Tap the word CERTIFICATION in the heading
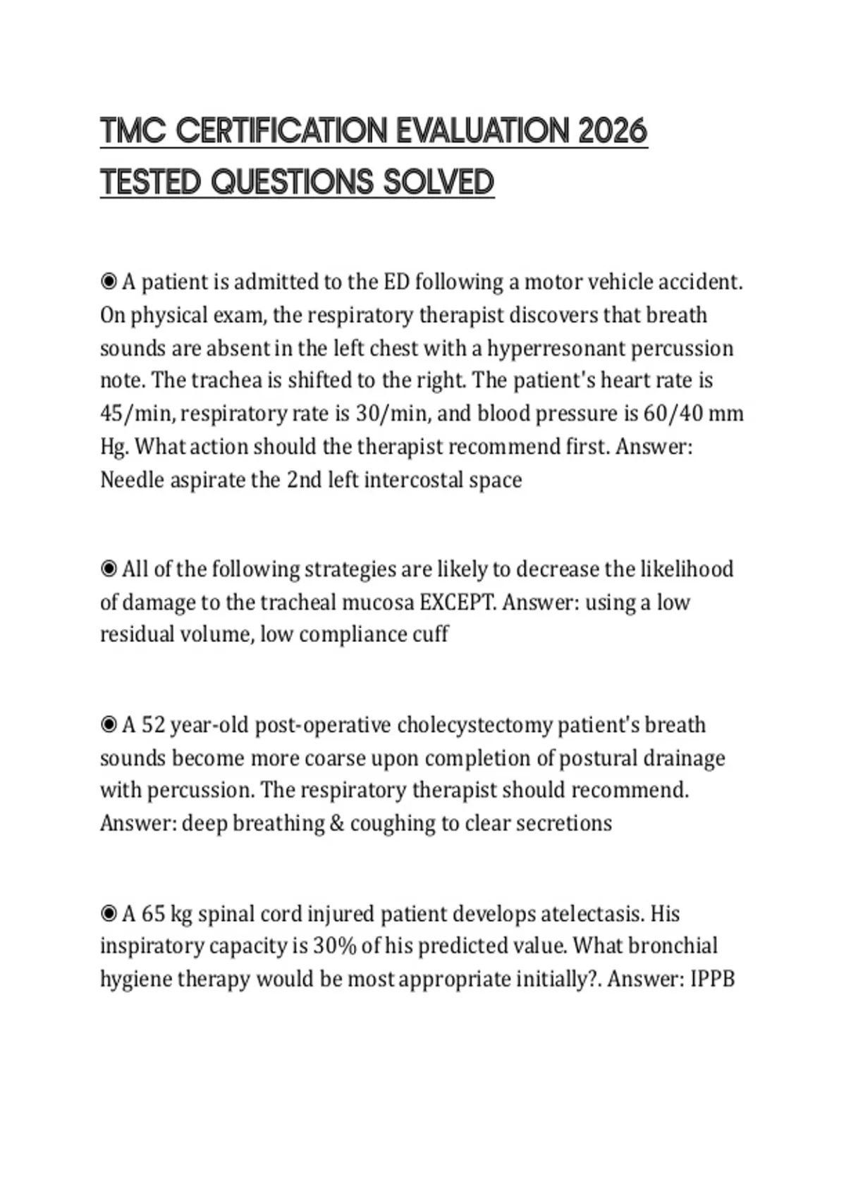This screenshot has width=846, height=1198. (281, 131)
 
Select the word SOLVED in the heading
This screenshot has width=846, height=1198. (439, 182)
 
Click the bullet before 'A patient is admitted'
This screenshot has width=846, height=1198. (109, 282)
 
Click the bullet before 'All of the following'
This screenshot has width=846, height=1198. (109, 569)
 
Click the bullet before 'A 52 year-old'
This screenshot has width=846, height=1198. (109, 724)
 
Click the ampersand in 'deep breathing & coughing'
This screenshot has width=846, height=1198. (337, 823)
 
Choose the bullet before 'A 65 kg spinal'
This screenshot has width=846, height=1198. (109, 914)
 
